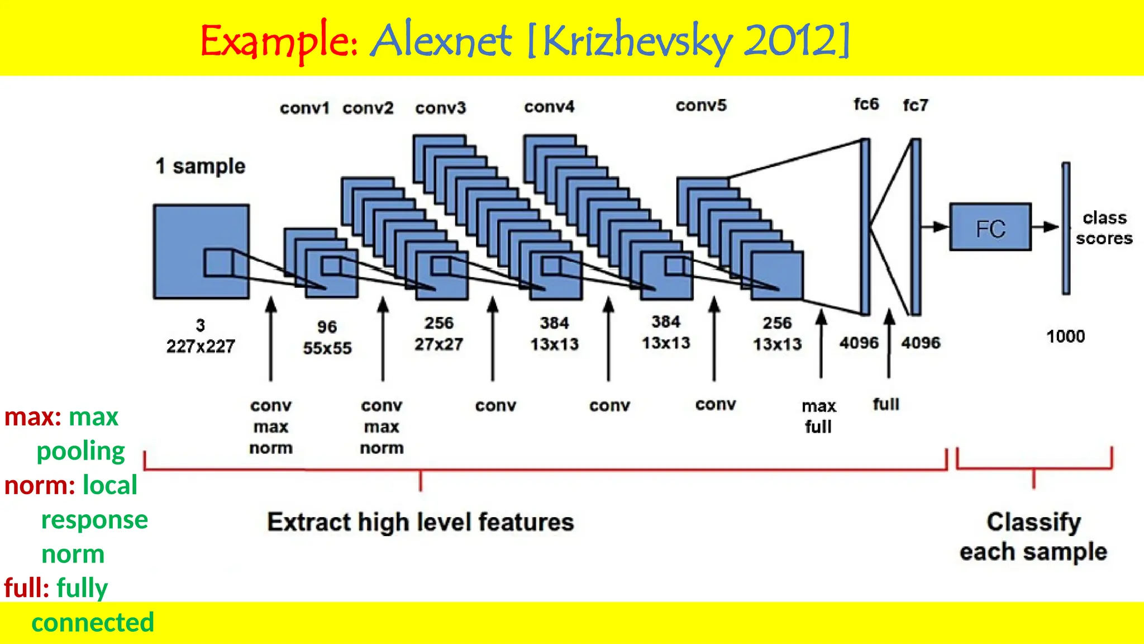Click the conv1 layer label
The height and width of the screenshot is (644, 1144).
(x=304, y=108)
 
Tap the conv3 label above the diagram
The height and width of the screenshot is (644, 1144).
(x=440, y=108)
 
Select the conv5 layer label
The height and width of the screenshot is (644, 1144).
(x=701, y=106)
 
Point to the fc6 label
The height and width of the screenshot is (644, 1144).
(x=866, y=105)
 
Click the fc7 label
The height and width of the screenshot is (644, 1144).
(x=915, y=105)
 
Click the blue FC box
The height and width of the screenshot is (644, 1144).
(x=990, y=227)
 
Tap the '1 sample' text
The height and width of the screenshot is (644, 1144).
(x=201, y=166)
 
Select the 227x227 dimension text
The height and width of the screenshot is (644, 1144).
(x=201, y=347)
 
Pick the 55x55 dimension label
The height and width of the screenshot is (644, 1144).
(x=327, y=348)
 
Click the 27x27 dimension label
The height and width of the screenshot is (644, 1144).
(x=438, y=344)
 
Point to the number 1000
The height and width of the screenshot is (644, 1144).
(x=1065, y=337)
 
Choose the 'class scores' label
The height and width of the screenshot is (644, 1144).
(x=1104, y=228)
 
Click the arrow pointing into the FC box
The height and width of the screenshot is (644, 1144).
(x=935, y=227)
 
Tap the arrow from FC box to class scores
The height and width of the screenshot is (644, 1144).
(x=1045, y=227)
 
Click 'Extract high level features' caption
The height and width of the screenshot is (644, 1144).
(x=420, y=522)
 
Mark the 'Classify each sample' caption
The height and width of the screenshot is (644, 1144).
(x=1033, y=537)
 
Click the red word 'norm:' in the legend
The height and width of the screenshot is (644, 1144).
(x=39, y=485)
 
